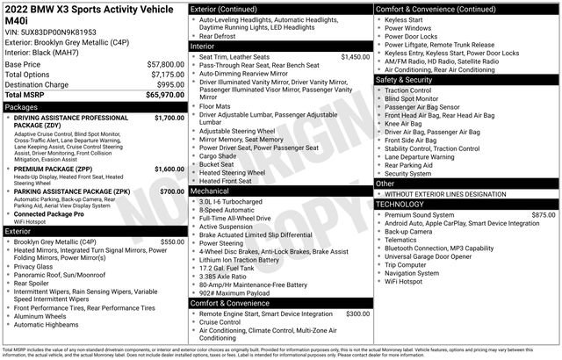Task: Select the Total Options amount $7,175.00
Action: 162,75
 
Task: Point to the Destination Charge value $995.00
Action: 166,84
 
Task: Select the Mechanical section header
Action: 210,190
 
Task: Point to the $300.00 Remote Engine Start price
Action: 357,313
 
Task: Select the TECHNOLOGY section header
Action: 406,204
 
